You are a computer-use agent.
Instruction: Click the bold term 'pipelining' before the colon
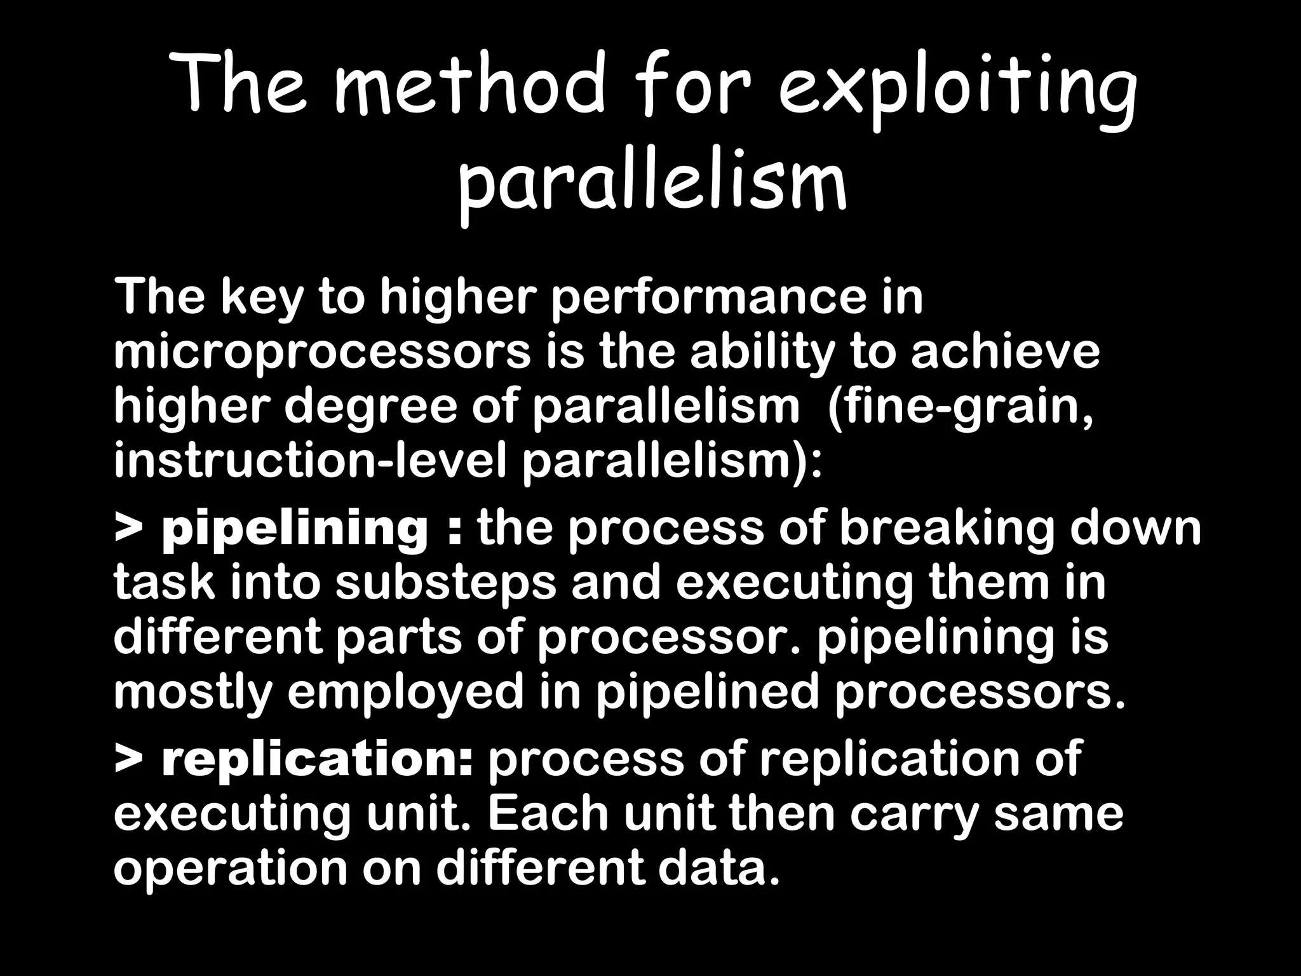[x=295, y=529]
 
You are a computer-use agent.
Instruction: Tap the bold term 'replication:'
[x=318, y=758]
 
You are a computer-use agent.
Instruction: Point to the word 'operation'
[x=230, y=869]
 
